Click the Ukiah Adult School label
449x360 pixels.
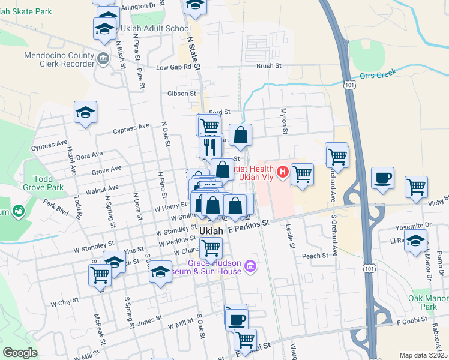[155, 28]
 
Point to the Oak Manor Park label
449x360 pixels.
[429, 302]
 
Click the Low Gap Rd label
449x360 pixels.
[173, 67]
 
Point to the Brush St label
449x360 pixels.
[269, 66]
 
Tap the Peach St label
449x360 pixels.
[316, 256]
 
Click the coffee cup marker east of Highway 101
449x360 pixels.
[382, 178]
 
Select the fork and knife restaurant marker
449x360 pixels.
[209, 146]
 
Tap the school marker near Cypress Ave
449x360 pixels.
[86, 112]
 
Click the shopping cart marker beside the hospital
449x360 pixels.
[302, 174]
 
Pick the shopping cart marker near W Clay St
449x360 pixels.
[100, 275]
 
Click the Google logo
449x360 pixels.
[20, 353]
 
